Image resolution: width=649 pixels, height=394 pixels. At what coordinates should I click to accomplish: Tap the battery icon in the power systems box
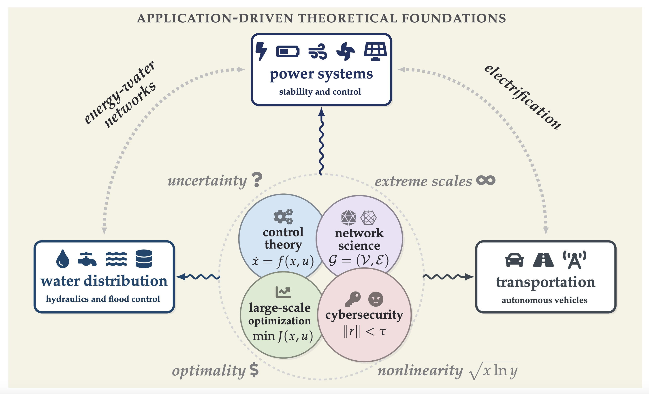coord(288,51)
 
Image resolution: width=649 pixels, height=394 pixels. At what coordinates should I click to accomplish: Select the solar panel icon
coord(375,51)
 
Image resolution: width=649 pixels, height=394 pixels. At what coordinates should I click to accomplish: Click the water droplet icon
coord(63,259)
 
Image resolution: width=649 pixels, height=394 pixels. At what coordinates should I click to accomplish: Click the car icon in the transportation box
coord(514,260)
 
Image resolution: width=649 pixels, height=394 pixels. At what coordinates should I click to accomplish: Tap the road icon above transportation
coord(543,260)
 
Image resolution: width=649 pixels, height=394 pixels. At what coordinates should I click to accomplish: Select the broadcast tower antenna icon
coord(574,260)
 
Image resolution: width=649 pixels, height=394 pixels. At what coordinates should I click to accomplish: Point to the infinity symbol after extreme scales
coord(486,180)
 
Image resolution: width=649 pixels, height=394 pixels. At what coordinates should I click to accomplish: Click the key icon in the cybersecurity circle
coord(353,299)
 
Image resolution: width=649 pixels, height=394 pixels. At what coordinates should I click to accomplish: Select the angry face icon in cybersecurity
coord(376,299)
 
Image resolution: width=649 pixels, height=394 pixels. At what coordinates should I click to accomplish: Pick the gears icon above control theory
coord(283,216)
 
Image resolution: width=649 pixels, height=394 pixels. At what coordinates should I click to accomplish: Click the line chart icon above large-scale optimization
coord(283,292)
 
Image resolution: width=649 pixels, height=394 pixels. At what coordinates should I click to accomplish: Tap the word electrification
coord(523,97)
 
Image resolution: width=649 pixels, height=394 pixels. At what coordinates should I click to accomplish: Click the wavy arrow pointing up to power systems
coord(321,142)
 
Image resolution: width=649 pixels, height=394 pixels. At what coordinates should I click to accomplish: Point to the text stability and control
coord(320,92)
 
